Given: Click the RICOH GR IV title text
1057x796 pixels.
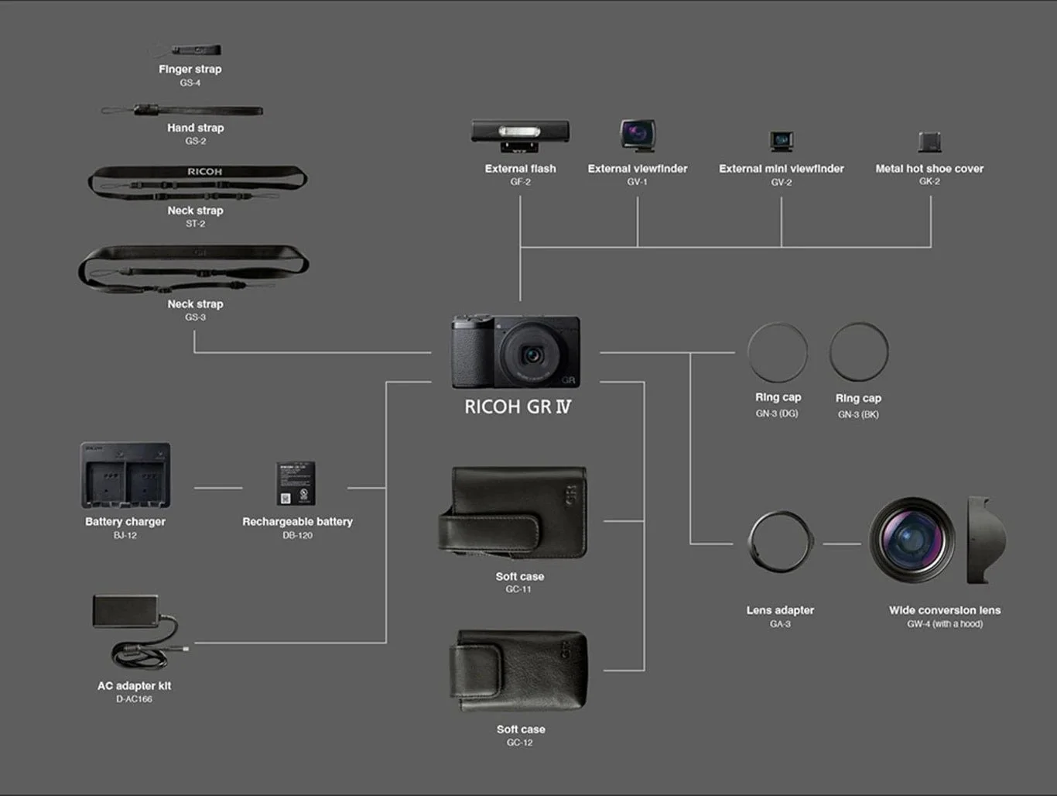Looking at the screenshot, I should point(517,407).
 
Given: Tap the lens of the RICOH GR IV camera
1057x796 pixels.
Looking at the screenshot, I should point(532,355).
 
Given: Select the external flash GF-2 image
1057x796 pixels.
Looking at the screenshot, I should point(520,135).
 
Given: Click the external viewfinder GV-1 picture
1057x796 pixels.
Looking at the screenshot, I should point(638,135).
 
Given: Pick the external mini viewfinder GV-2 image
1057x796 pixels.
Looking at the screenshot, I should point(782,140).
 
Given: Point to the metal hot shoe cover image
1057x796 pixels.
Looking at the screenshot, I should point(929,142).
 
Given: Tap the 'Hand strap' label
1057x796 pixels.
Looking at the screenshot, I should point(195,128).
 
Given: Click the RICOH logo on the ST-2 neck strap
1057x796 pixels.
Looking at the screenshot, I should point(204,171).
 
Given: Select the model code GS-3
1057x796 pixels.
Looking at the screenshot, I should point(195,317).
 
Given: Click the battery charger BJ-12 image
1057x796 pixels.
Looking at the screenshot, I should point(125,475).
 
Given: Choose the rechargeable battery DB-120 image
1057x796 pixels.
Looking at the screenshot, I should point(296,484).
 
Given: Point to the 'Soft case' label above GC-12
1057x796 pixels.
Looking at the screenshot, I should point(520,729).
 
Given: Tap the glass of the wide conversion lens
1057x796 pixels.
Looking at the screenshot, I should point(910,539).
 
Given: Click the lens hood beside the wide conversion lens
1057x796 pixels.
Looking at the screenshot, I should point(986,540).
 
